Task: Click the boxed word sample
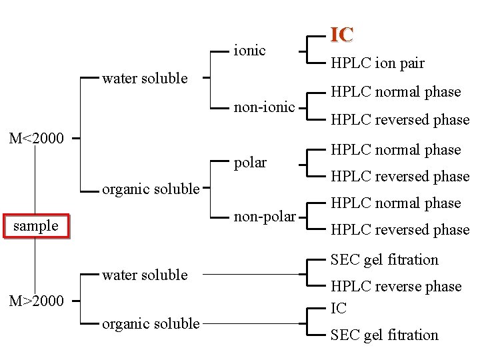coord(36,225)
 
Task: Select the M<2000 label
coord(36,139)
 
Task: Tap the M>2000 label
coord(36,301)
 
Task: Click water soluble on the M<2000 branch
coord(145,78)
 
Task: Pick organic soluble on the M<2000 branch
coord(150,189)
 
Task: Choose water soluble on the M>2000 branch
coord(145,274)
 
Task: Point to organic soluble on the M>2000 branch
coord(150,323)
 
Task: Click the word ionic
coord(249,50)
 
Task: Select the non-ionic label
coord(264,106)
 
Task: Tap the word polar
coord(250,162)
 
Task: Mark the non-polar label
coord(265,216)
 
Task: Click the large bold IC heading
coord(341,35)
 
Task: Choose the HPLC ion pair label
coord(377,63)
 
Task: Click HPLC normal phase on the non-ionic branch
coord(396,91)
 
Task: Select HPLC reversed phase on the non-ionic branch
coord(400,119)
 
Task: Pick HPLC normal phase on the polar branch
coord(396,149)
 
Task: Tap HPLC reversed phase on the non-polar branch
coord(400,229)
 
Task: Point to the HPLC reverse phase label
coord(396,286)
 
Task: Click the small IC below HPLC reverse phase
coord(339,308)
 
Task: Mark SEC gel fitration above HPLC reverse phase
coord(385,259)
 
